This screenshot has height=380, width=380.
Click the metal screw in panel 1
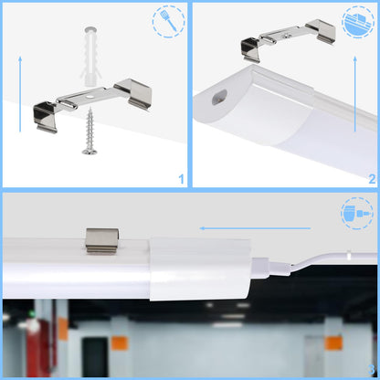pos(90,132)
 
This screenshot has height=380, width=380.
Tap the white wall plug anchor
pos(90,56)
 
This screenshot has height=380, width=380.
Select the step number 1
pos(181,179)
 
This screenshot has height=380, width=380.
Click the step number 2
pos(372,179)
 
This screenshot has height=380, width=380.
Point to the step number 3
pos(371,369)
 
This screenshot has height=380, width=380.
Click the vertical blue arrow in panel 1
pos(20,94)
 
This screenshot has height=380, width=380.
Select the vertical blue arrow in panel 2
pos(355,94)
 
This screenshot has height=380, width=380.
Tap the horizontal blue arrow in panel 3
pos(255,228)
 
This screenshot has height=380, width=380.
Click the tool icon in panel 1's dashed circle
pos(168,21)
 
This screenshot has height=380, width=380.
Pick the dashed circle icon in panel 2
pos(358,21)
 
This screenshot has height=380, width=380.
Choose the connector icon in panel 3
pos(357,213)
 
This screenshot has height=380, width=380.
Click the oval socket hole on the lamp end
pos(220,96)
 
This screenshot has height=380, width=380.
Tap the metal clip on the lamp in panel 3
pos(102,241)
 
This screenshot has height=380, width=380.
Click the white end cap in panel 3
pos(200,269)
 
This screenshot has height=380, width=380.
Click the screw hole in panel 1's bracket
pos(90,97)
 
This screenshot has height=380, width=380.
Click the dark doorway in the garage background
pos(95,356)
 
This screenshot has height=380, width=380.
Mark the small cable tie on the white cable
pos(349,255)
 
